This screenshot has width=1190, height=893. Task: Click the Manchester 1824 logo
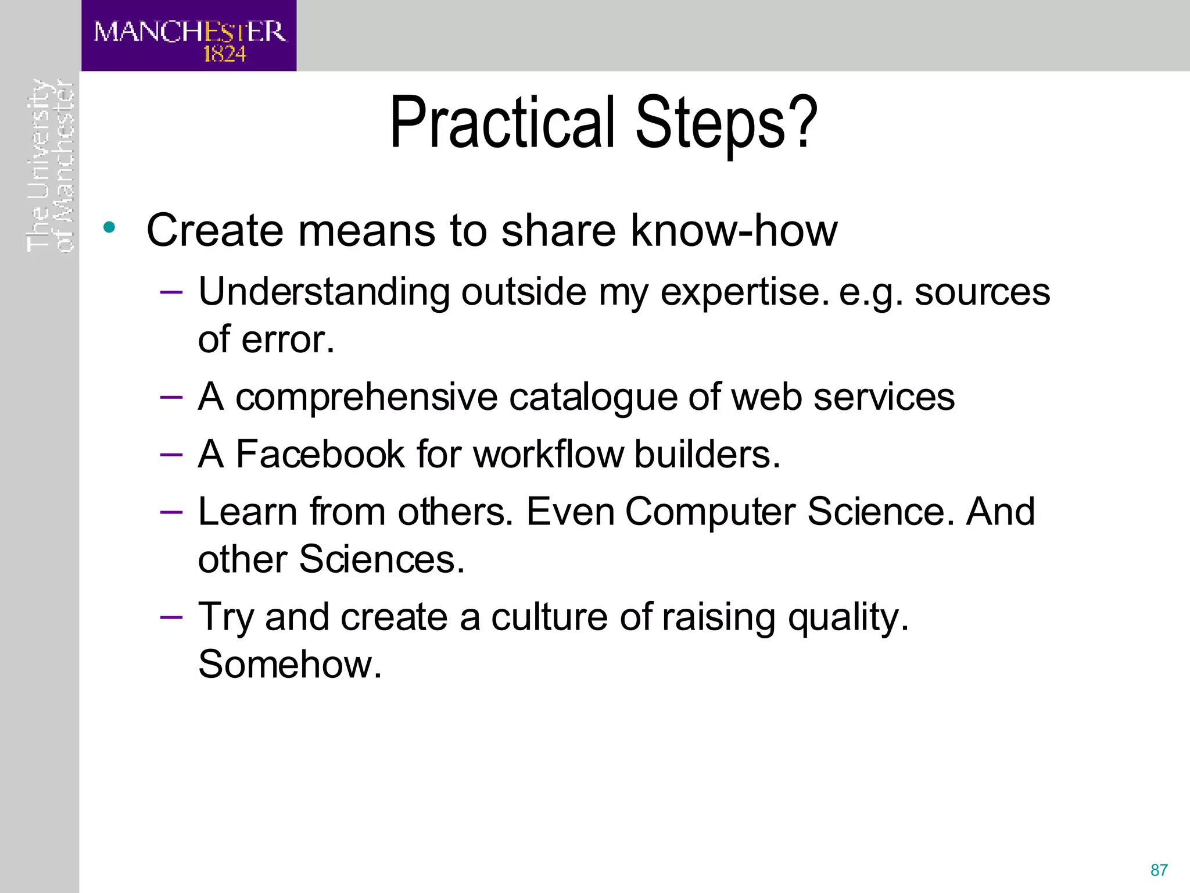[189, 36]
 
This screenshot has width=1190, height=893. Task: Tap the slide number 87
[1159, 870]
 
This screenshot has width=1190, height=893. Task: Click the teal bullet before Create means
[109, 227]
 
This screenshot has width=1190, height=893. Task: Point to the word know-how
[733, 230]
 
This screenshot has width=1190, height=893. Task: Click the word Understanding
[324, 292]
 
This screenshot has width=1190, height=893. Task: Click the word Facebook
[320, 454]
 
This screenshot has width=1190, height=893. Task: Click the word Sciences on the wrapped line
[382, 559]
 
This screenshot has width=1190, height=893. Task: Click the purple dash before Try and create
[171, 616]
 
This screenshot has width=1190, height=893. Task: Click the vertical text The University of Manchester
[51, 166]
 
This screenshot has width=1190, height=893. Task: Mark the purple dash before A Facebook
[171, 454]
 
